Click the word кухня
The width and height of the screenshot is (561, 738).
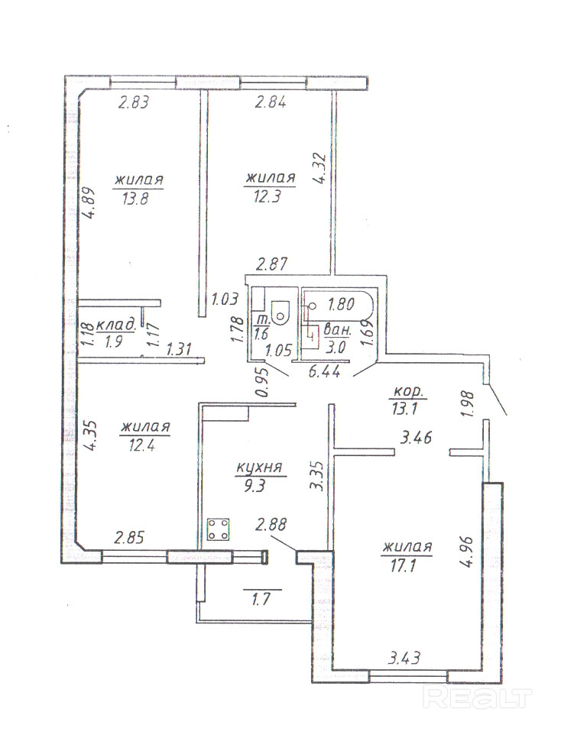click(x=259, y=468)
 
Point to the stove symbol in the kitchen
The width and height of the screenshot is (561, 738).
click(x=219, y=529)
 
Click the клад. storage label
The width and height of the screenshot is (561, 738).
click(x=116, y=325)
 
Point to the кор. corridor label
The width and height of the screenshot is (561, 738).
click(x=409, y=392)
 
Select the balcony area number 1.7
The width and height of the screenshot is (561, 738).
click(x=262, y=600)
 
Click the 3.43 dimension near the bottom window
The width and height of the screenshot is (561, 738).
click(x=404, y=658)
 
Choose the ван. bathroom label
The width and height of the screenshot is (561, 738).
click(x=338, y=330)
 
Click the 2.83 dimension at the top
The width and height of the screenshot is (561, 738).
click(x=133, y=102)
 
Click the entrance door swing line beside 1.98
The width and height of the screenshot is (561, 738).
click(x=498, y=400)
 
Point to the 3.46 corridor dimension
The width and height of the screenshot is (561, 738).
click(x=416, y=439)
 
